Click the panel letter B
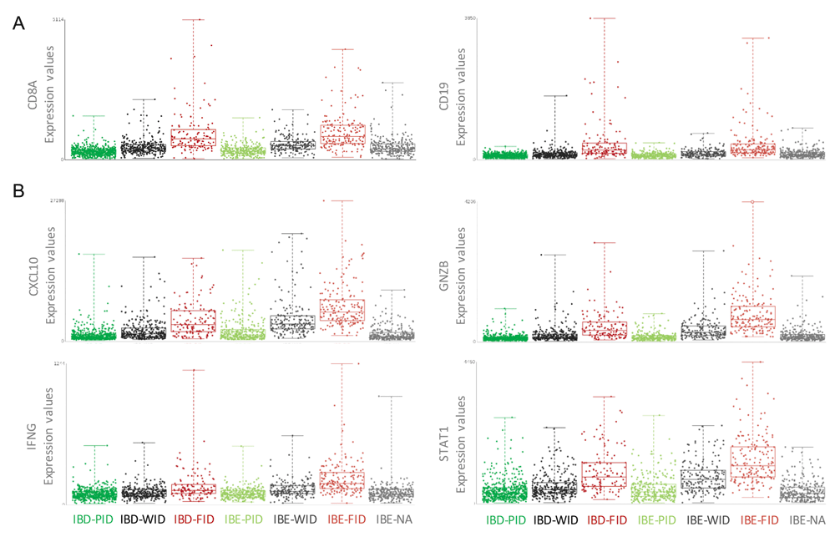tap(18, 191)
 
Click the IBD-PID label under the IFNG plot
tap(93, 519)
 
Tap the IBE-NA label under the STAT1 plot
tap(806, 520)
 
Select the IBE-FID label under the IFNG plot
tap(343, 519)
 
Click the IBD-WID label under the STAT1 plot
tap(555, 520)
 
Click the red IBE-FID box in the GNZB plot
tap(752, 317)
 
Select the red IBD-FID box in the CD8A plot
tap(193, 138)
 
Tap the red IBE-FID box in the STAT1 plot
tap(752, 462)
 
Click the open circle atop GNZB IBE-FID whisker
tap(752, 202)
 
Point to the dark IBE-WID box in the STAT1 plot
tap(703, 479)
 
